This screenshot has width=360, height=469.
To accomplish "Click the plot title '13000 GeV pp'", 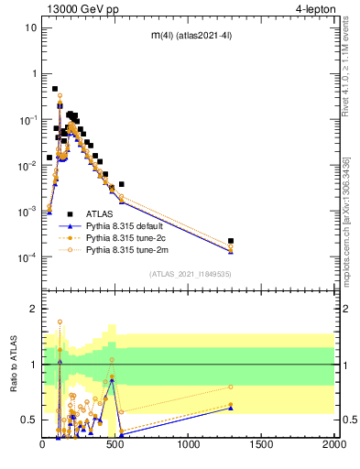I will (80, 8).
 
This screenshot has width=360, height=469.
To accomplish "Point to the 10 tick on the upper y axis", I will (31, 27).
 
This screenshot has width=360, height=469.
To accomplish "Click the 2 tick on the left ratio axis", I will (34, 309).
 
